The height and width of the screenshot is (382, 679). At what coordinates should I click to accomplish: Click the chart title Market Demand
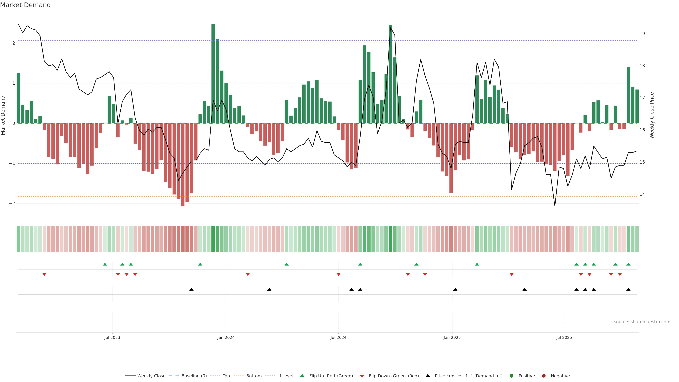(25, 5)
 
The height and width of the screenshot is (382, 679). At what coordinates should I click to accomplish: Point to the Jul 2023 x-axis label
(112, 337)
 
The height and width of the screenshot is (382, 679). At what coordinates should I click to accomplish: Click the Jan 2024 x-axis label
(226, 337)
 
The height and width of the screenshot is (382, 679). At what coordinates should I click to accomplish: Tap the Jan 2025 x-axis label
(452, 337)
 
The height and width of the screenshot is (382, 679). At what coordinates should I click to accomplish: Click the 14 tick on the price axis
(642, 194)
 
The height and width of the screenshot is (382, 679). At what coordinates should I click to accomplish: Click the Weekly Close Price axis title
(652, 115)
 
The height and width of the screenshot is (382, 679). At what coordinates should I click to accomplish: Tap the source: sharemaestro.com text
(642, 322)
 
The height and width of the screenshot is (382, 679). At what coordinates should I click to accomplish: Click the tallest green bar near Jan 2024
(213, 74)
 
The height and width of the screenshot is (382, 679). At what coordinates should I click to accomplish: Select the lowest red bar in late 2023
(183, 165)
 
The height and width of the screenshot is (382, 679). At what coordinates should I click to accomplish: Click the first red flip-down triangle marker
(44, 274)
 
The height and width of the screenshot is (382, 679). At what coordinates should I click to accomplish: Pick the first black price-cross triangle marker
(191, 290)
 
